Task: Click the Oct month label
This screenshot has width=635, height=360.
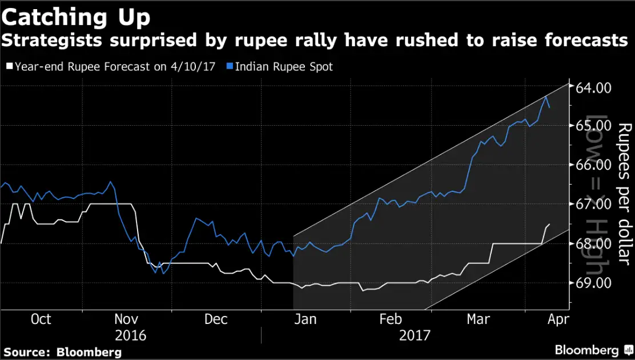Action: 40,319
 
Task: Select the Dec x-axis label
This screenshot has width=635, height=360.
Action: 215,319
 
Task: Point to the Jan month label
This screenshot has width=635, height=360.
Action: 305,319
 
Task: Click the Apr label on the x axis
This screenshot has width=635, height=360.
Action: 557,319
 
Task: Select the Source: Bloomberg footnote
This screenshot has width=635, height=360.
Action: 63,351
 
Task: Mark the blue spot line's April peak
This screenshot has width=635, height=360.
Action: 546,97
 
